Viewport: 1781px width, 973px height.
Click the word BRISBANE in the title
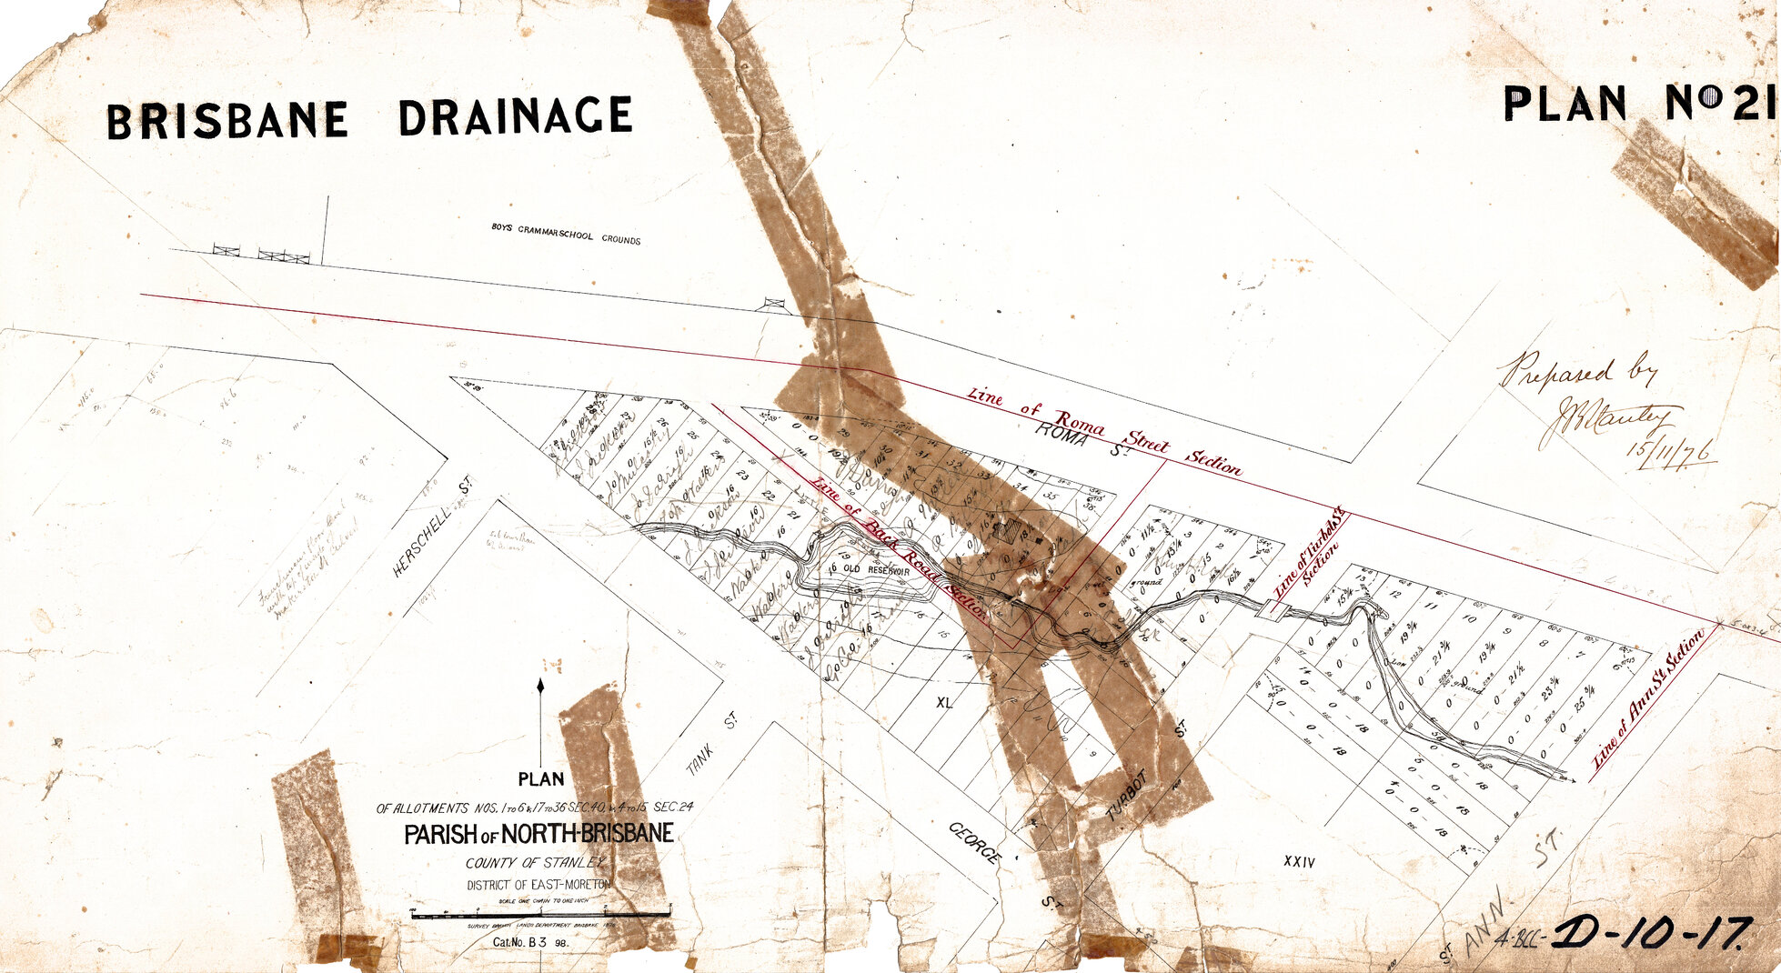click(227, 121)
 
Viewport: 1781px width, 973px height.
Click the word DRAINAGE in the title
click(515, 116)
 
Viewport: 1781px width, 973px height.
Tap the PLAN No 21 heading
click(1637, 104)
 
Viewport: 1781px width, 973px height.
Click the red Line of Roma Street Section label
click(1104, 432)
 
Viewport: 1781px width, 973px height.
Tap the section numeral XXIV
click(1298, 861)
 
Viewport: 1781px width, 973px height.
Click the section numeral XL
click(943, 702)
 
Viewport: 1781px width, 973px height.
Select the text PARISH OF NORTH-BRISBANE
click(539, 834)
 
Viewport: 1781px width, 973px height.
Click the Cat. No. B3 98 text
click(531, 943)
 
